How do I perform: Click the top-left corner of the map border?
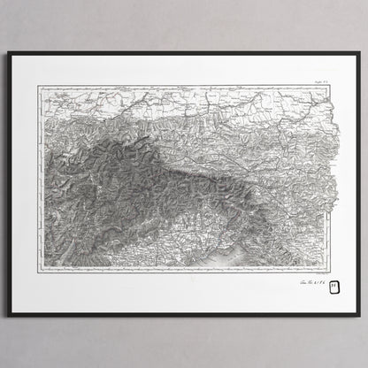tap(37, 86)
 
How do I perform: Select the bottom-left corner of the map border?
tap(37, 271)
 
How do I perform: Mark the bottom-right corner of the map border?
tap(329, 271)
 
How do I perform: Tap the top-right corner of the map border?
tap(329, 86)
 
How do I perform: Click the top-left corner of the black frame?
tap(9, 52)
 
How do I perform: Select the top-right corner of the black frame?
tap(359, 52)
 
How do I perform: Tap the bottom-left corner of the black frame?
tap(9, 315)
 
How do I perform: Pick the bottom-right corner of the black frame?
tap(359, 315)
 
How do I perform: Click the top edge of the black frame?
tap(184, 53)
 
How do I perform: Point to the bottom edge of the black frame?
tap(184, 314)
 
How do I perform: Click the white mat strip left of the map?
tap(24, 177)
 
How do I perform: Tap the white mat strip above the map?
tap(184, 69)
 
